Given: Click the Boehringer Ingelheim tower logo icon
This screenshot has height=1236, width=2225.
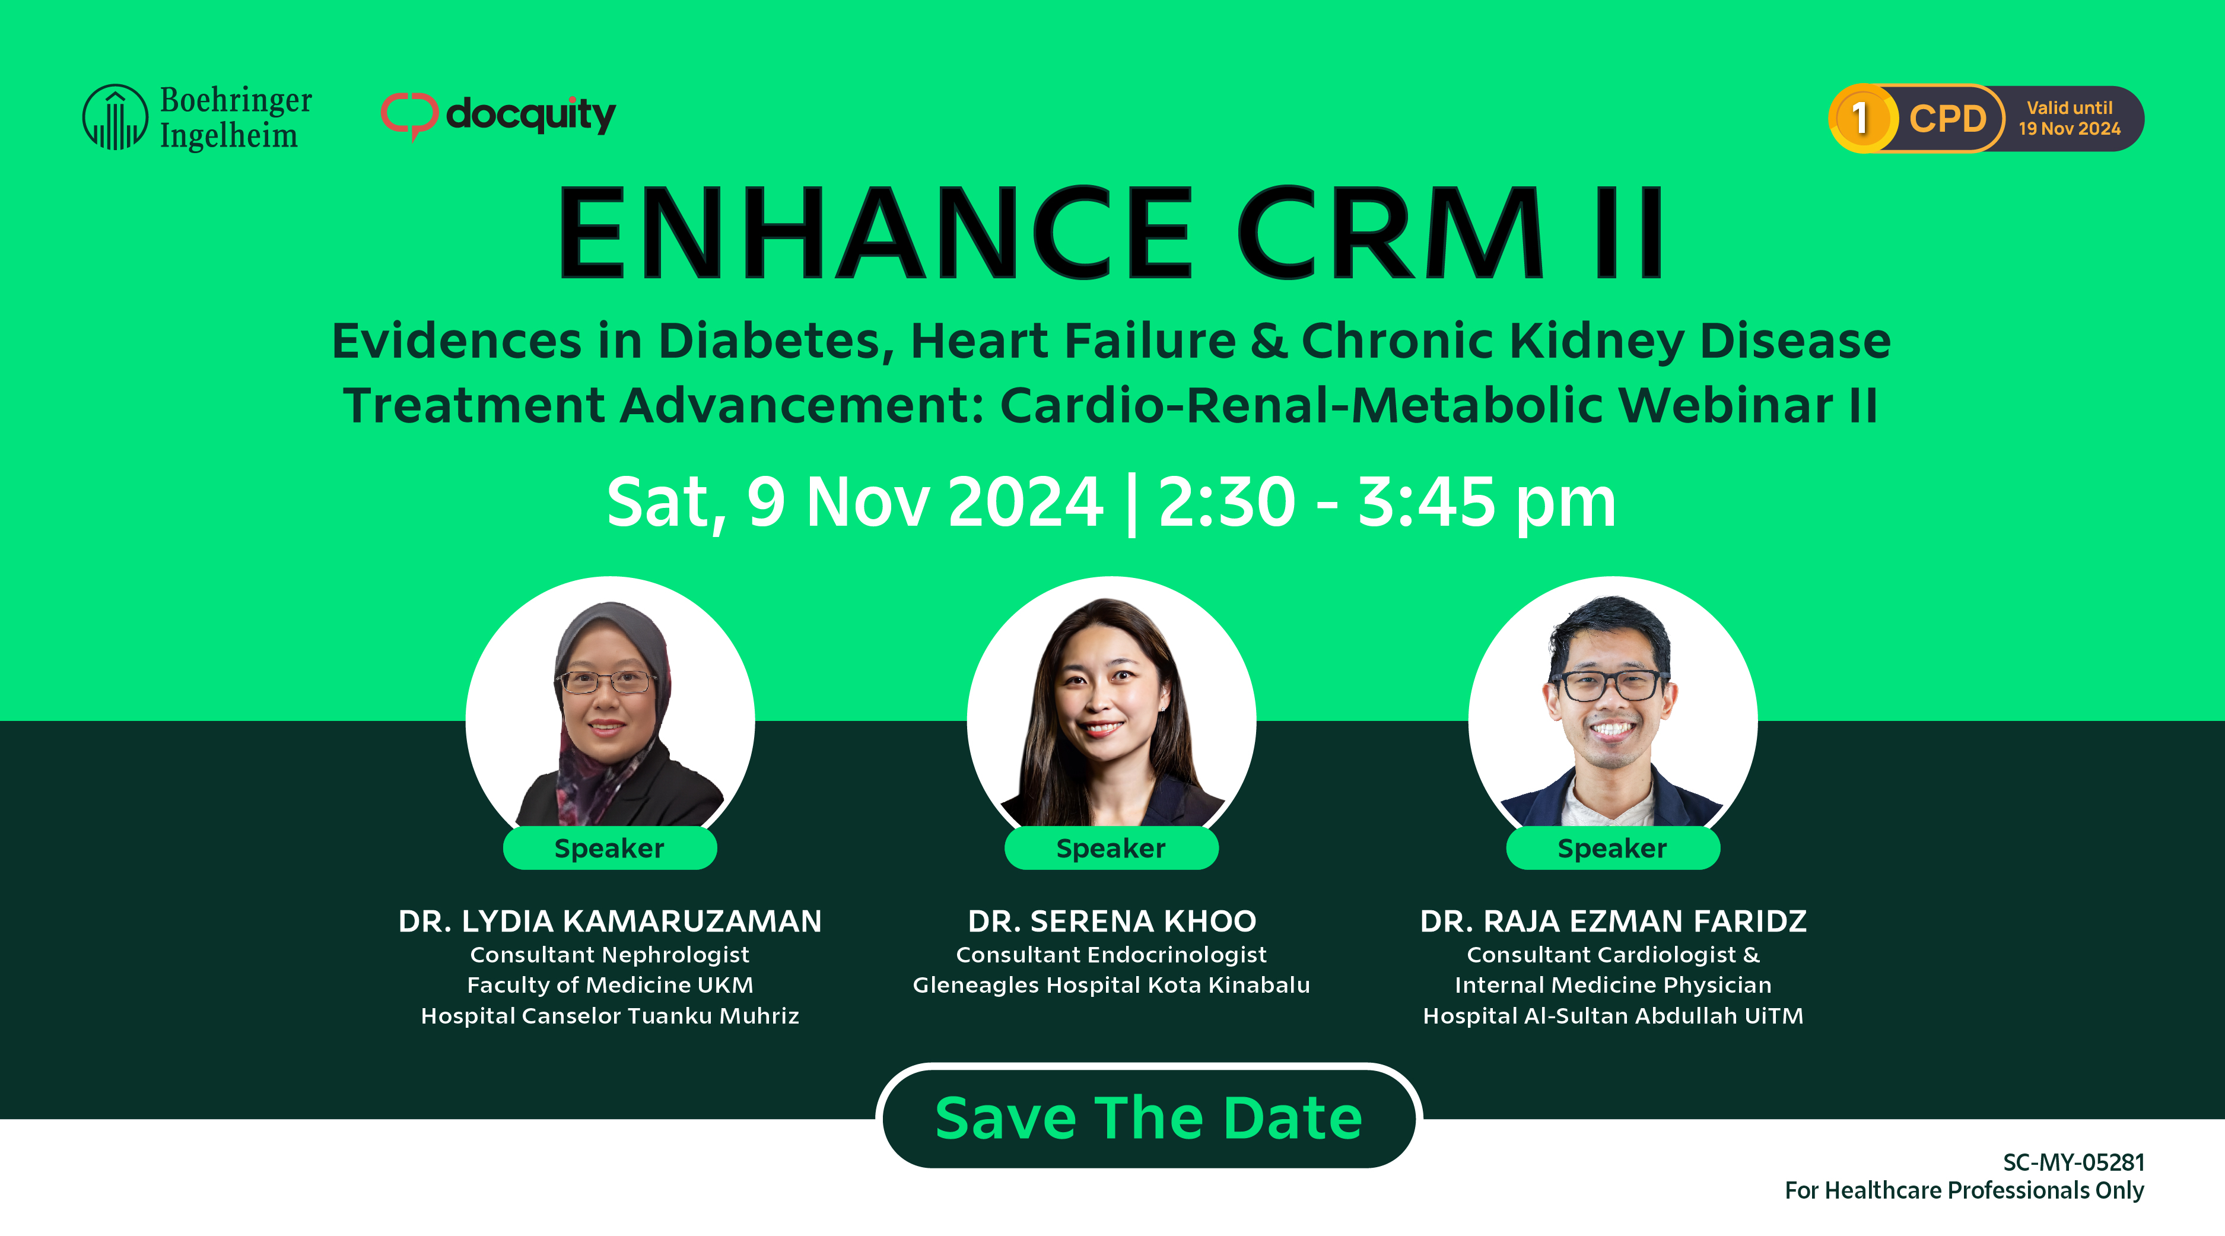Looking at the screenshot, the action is (x=115, y=117).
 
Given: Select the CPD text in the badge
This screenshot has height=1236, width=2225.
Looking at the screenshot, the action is (x=1948, y=118).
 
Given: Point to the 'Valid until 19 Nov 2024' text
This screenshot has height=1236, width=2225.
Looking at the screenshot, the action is (x=2070, y=118).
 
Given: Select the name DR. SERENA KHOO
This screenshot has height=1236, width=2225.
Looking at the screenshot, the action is (x=1112, y=922).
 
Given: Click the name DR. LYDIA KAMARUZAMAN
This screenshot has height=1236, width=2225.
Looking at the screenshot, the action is (x=610, y=922).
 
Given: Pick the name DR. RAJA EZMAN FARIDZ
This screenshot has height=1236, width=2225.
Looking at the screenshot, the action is (x=1613, y=922).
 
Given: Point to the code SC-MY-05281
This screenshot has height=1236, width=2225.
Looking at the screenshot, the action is (x=2074, y=1162).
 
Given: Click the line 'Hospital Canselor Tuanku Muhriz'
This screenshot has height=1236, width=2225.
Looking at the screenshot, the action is (x=610, y=1016).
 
